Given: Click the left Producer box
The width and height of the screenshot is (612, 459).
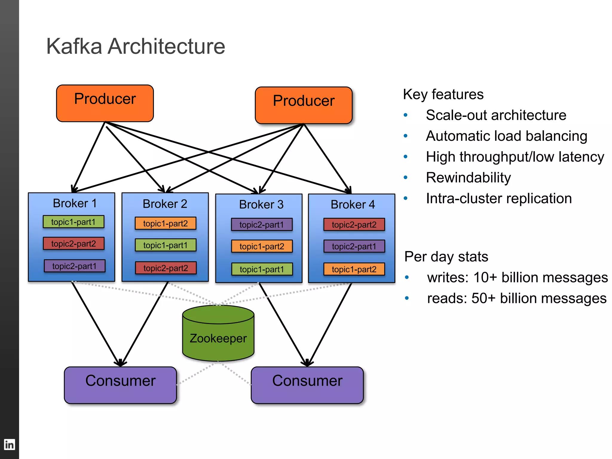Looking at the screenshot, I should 105,103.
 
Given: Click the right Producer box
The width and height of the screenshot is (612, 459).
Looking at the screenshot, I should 304,105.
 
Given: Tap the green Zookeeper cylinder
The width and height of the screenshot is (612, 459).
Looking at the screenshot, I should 218,338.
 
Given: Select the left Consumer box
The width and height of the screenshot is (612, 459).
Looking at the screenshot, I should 120,385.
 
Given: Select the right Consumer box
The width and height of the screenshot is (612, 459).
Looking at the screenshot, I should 307,385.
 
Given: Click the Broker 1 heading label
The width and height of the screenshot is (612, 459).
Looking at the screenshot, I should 75,203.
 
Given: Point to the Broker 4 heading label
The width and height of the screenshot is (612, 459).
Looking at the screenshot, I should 353,205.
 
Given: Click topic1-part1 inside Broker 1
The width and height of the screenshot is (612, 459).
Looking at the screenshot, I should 74,222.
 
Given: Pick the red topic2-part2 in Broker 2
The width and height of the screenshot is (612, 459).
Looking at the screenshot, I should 166,268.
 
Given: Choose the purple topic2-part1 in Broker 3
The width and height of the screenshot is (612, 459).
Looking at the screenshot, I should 262,225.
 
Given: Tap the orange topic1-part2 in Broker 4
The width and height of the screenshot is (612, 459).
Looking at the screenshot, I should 354,269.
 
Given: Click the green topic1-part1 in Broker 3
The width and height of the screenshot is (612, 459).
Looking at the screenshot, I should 262,269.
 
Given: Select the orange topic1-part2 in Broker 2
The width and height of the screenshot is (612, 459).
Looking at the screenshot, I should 166,223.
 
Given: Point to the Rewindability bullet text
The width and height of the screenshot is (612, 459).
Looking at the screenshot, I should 468,178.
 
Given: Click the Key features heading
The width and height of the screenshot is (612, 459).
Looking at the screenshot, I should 443,94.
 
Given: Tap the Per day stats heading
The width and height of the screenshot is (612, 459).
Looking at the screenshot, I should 446,257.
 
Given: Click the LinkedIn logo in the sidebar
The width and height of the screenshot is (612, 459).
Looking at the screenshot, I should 9,445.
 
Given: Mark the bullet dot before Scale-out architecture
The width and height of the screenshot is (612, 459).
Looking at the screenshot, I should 406,115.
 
